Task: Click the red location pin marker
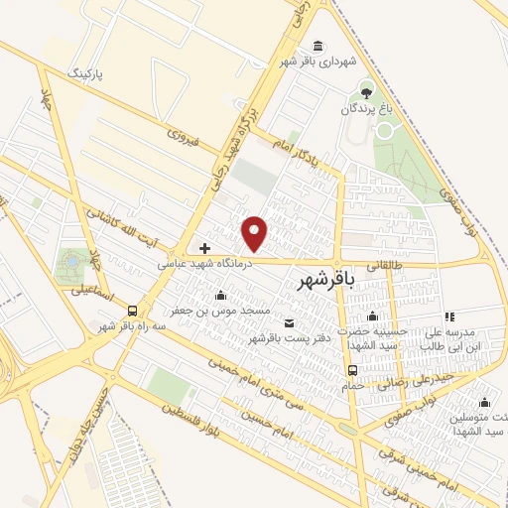click(256, 233)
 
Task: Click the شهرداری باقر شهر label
click(317, 62)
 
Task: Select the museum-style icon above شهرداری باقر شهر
click(317, 46)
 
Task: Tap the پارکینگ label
click(97, 74)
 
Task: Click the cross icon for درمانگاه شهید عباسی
click(204, 248)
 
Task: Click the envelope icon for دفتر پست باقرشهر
click(289, 322)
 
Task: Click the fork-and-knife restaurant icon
click(448, 316)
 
